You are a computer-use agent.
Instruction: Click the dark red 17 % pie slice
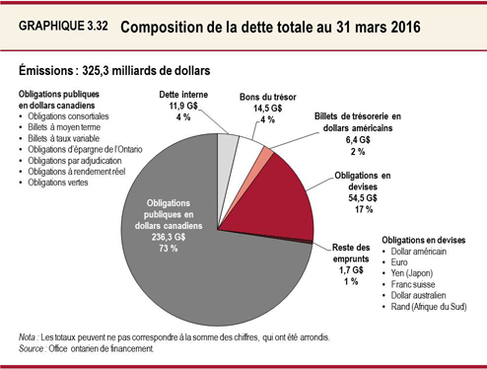281,192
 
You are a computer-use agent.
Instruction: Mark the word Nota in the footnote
30,336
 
